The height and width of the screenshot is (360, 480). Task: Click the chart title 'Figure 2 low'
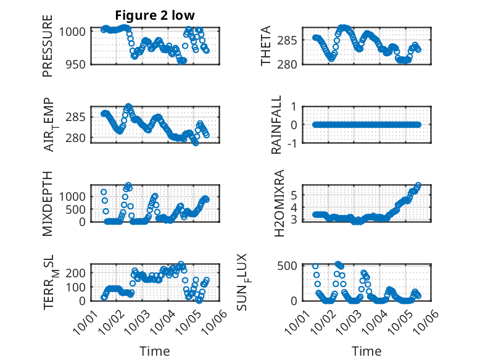coord(155,16)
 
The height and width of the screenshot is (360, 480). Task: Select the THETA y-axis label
coord(266,46)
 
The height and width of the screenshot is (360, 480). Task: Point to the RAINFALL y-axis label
coord(276,125)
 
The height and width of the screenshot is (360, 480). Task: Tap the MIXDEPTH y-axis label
coord(48,204)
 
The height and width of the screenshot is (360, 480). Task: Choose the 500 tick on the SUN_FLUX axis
coord(292,266)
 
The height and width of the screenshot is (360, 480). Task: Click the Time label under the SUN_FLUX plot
coord(366,351)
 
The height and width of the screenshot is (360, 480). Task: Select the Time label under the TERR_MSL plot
coord(154,351)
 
